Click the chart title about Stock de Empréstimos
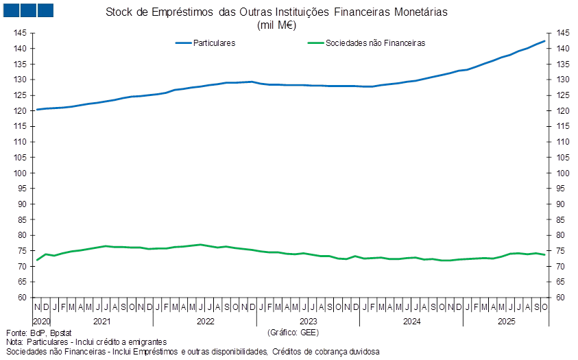tap(276, 12)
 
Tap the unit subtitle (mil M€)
tap(276, 25)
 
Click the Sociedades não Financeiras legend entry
tap(376, 43)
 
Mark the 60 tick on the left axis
tap(21, 298)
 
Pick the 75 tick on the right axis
tap(562, 251)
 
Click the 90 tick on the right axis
tap(562, 204)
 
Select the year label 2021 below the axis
tap(101, 321)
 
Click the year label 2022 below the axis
tap(204, 321)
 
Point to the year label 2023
tap(308, 321)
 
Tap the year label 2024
tap(411, 321)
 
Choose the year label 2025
tap(506, 321)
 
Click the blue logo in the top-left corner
tap(27, 10)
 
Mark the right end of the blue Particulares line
tap(546, 41)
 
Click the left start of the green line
tap(37, 260)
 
